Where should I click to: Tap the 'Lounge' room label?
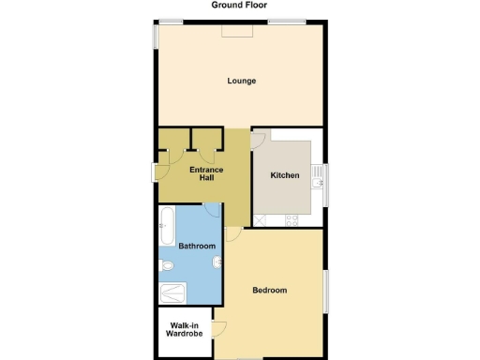[x=241, y=81]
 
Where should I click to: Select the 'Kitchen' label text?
[x=285, y=175]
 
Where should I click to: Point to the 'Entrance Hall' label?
[x=206, y=173]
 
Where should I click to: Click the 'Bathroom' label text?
[x=197, y=246]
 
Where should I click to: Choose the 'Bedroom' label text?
[x=269, y=290]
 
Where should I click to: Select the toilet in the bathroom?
[x=167, y=267]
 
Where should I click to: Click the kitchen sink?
[x=262, y=219]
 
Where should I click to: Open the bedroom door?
[x=232, y=233]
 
